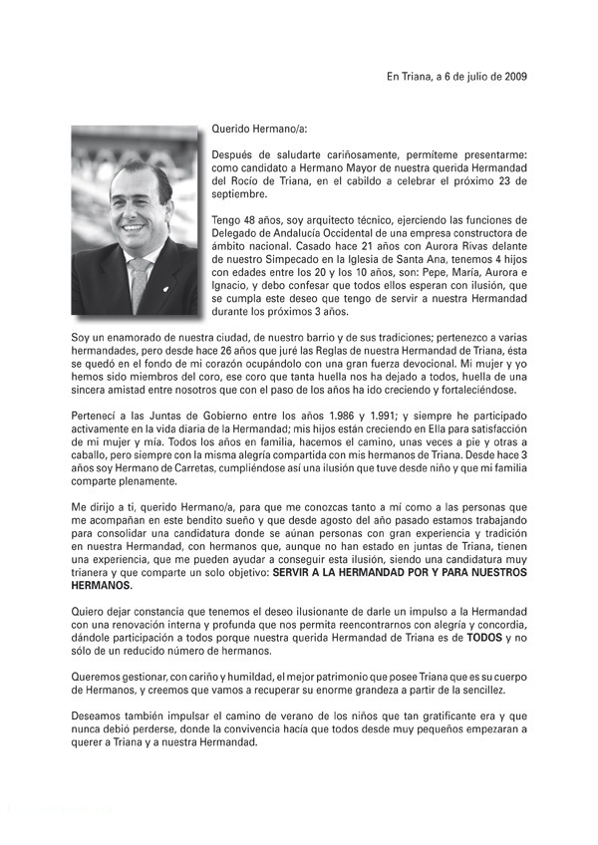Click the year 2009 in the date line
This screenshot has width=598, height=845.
coord(515,76)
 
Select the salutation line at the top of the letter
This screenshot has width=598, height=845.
coord(260,129)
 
